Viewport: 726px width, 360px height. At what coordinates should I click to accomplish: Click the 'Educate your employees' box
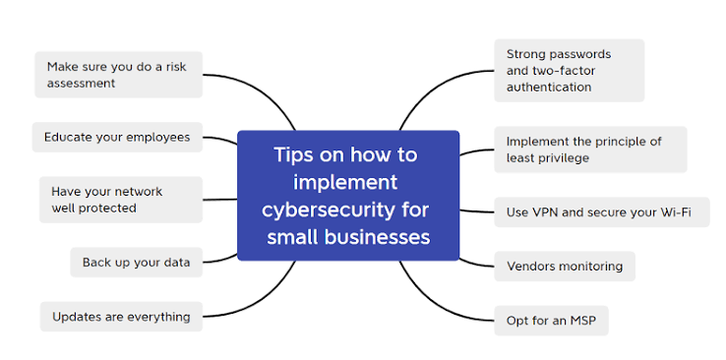click(x=117, y=138)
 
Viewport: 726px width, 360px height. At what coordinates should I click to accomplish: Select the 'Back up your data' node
click(x=136, y=263)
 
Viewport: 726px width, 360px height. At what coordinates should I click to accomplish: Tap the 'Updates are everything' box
click(x=121, y=317)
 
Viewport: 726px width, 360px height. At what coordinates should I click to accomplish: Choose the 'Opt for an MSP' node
click(x=551, y=321)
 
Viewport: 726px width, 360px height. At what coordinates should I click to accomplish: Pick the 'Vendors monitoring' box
click(x=565, y=267)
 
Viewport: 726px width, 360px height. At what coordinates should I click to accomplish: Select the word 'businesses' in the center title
click(x=378, y=237)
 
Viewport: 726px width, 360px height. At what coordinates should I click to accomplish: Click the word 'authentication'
click(x=549, y=87)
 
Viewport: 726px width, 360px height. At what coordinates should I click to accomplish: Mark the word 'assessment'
click(x=81, y=84)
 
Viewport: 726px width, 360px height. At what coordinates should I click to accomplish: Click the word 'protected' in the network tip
click(x=107, y=209)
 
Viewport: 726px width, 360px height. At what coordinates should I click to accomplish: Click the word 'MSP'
click(x=583, y=321)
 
